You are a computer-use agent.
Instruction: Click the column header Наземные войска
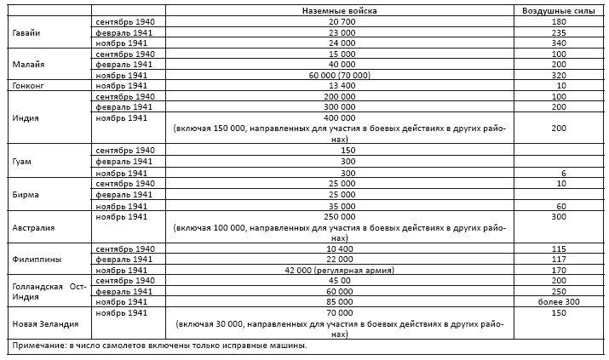tap(339, 9)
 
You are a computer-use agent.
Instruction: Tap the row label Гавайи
tap(26, 31)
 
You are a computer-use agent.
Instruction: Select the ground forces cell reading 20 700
tap(339, 20)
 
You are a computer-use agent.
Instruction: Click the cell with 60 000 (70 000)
tap(339, 75)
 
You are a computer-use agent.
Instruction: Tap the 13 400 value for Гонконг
tap(339, 86)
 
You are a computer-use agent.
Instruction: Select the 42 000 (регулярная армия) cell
tap(339, 269)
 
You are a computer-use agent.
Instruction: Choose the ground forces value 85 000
tap(339, 301)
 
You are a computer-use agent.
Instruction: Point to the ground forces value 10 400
tap(339, 248)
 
